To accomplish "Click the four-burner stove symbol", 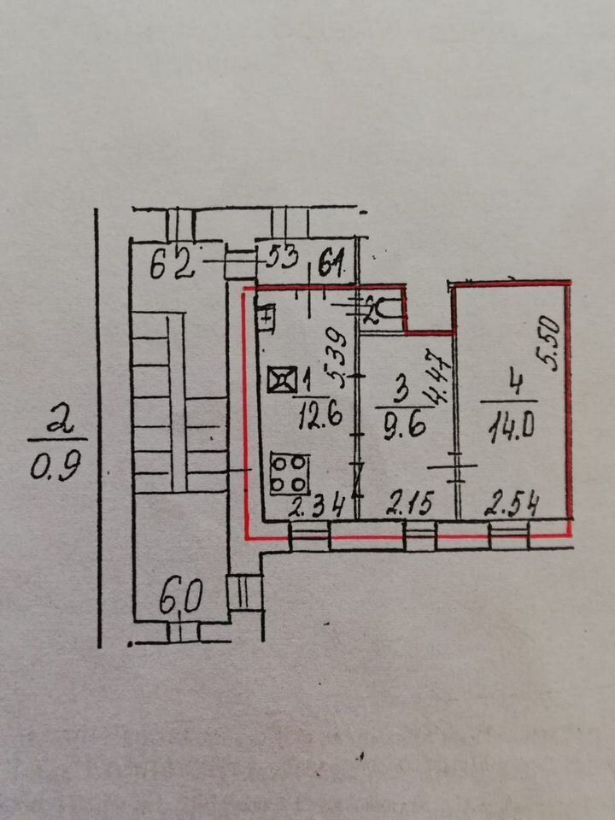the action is [290, 471].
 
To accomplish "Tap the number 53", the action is [278, 257].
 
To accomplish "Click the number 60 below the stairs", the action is [179, 594].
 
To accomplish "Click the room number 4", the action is [510, 382].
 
